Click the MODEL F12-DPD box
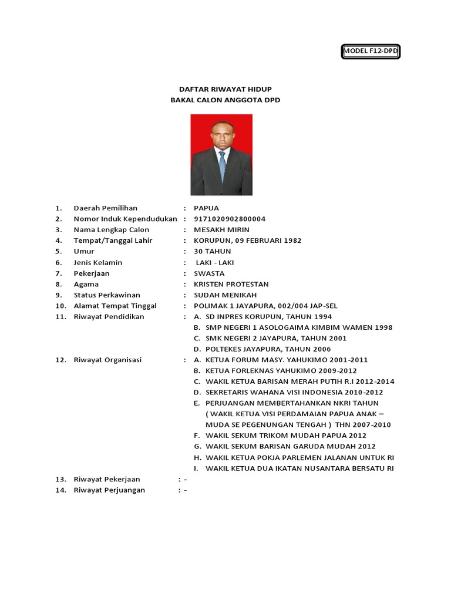click(x=371, y=52)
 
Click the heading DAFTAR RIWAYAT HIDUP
click(x=225, y=89)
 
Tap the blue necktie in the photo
click(x=222, y=166)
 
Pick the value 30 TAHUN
click(x=212, y=252)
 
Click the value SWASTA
click(x=209, y=273)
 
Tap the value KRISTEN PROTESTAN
click(x=231, y=285)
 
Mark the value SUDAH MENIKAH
click(x=225, y=295)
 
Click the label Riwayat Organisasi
click(x=107, y=360)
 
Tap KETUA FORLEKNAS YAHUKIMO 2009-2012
click(x=281, y=371)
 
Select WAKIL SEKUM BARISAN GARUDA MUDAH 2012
click(x=290, y=446)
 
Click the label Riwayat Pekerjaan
click(x=107, y=479)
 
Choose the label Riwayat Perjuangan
click(x=109, y=490)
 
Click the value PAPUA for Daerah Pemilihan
click(x=206, y=208)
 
